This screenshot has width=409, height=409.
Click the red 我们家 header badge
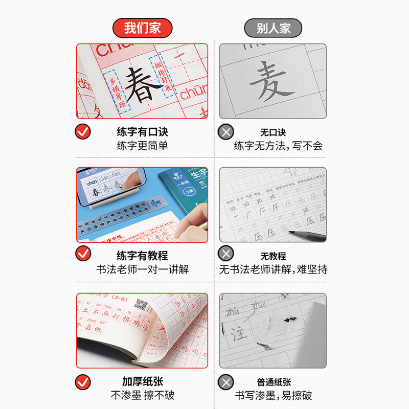(x=142, y=27)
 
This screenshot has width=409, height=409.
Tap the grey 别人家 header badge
(x=273, y=28)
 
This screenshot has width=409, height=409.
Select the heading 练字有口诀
(x=142, y=132)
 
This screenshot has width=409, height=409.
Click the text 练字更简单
(x=142, y=146)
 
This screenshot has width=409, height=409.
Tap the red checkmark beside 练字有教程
(x=83, y=254)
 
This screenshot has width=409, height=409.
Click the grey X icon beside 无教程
(x=225, y=254)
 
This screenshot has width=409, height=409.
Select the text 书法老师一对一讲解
(x=142, y=269)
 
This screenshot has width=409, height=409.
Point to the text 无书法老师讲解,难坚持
(x=273, y=269)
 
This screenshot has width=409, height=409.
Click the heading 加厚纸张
(x=142, y=381)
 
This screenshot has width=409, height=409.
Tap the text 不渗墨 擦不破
(x=142, y=395)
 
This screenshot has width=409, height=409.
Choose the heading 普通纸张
(x=273, y=382)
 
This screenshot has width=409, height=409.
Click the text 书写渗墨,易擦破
(x=273, y=395)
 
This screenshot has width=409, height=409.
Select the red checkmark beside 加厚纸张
(x=83, y=381)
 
